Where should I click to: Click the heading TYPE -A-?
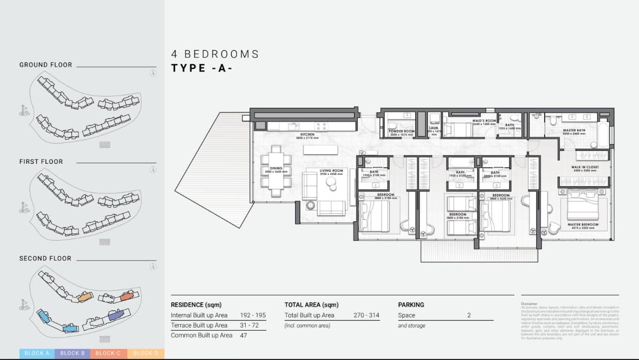point(202,68)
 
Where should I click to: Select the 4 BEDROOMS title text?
point(215,54)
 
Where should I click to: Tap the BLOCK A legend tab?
point(37,353)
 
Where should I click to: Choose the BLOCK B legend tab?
point(72,353)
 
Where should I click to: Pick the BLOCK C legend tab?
point(109,353)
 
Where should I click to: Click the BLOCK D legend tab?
point(145,353)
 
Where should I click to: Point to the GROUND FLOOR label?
point(46,65)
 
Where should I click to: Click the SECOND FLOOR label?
point(45,259)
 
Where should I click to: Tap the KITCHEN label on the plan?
point(307,135)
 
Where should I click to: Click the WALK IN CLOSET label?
point(585,167)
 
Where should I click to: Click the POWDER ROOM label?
point(401,131)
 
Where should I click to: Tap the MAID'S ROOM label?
point(484,121)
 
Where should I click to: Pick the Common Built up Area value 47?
point(244,335)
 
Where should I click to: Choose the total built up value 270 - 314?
point(366,315)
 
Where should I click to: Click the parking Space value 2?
point(469,315)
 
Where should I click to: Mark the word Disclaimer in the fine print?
point(530,303)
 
